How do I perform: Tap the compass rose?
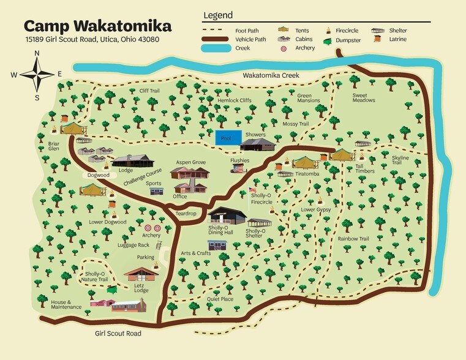(37, 75)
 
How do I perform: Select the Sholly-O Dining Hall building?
(227, 216)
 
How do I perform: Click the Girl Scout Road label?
(118, 334)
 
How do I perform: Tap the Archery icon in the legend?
(283, 48)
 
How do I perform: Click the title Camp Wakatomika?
(97, 26)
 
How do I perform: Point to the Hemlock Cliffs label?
(234, 100)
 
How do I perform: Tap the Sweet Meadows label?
(364, 98)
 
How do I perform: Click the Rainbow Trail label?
(353, 239)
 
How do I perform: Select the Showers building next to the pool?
(258, 144)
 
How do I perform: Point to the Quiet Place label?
(220, 299)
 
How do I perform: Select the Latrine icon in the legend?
(378, 40)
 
